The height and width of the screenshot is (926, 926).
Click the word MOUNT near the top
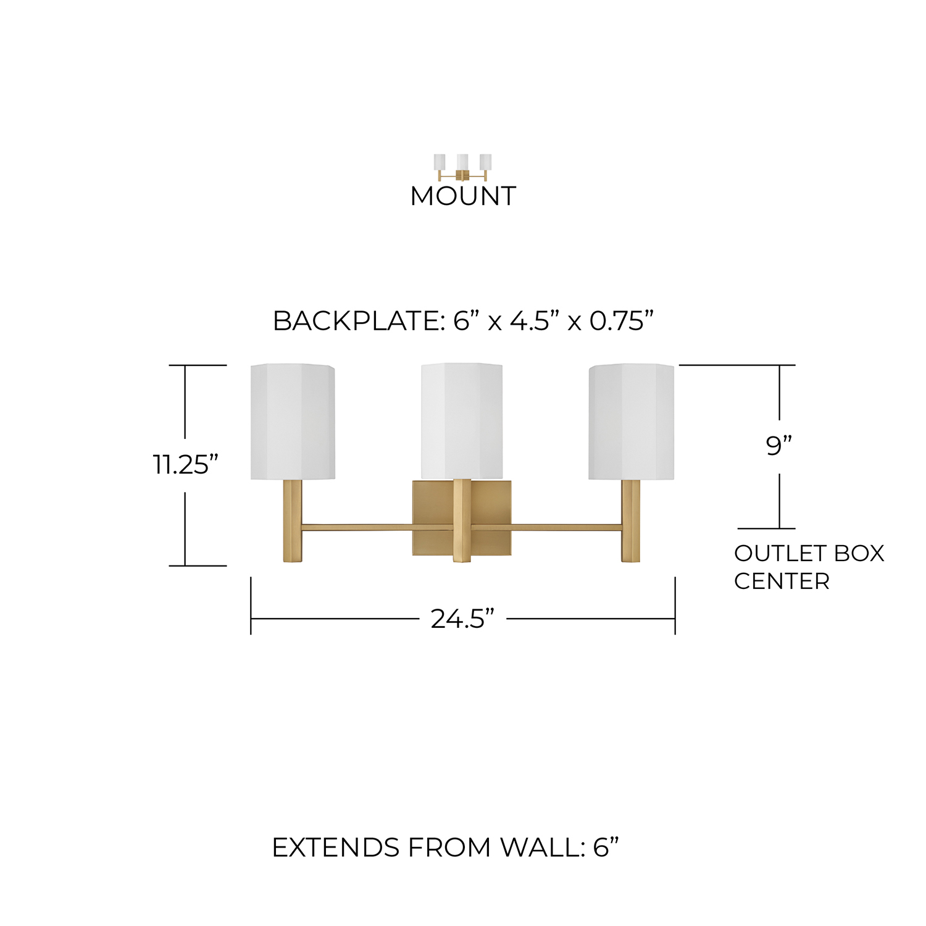pyautogui.click(x=463, y=196)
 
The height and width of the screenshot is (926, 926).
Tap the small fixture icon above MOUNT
pyautogui.click(x=463, y=167)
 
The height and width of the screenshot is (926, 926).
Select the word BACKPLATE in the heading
pyautogui.click(x=355, y=321)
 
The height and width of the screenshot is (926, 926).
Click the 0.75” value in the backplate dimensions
pyautogui.click(x=621, y=321)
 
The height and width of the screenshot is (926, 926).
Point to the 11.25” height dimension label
pyautogui.click(x=185, y=465)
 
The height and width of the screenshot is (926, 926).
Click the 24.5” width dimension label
pyautogui.click(x=463, y=619)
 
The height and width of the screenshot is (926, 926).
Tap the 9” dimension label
pyautogui.click(x=778, y=445)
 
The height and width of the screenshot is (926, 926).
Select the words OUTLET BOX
pyautogui.click(x=809, y=553)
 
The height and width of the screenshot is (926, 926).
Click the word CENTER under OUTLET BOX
pyautogui.click(x=782, y=582)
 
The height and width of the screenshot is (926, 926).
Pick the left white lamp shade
pyautogui.click(x=293, y=422)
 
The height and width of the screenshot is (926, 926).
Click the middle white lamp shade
pyautogui.click(x=462, y=420)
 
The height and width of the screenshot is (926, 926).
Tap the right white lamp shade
pyautogui.click(x=631, y=422)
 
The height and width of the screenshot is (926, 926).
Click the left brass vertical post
pyautogui.click(x=293, y=521)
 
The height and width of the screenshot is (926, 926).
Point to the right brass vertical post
pyautogui.click(x=630, y=521)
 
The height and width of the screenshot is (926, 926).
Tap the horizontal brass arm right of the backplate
pyautogui.click(x=566, y=528)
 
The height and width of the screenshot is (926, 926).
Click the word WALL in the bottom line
pyautogui.click(x=539, y=848)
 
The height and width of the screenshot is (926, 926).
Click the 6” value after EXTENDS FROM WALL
pyautogui.click(x=605, y=848)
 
